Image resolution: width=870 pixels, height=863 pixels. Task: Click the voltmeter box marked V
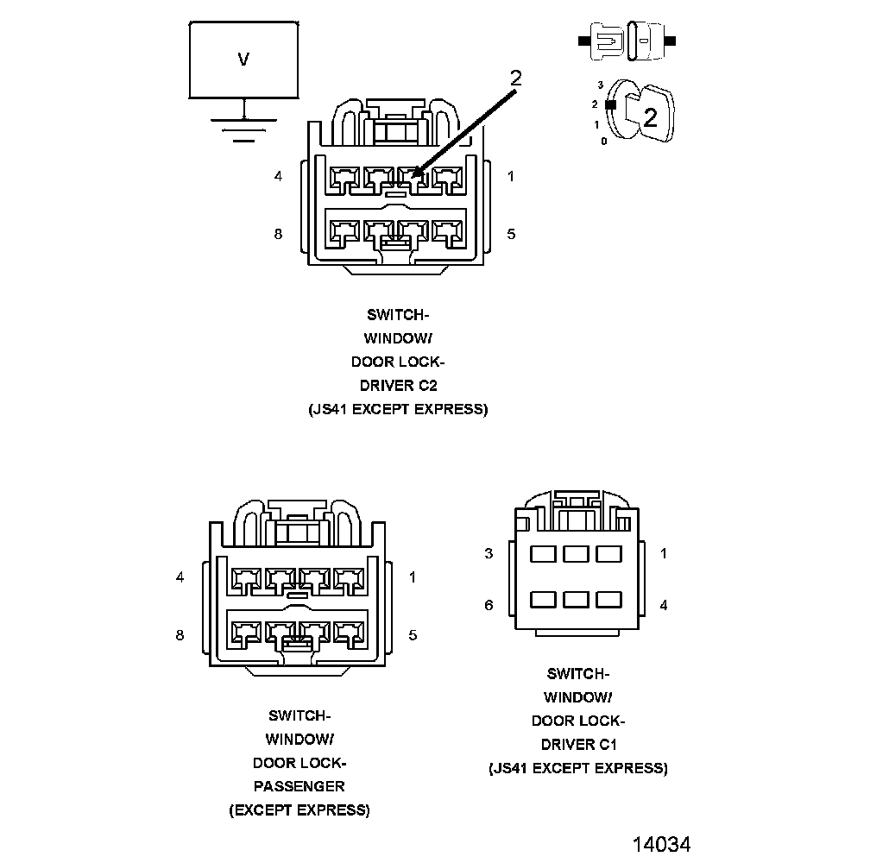tap(244, 60)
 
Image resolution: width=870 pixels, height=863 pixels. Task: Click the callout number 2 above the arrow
tap(515, 78)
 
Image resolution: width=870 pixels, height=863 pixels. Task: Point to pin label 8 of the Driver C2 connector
tap(278, 234)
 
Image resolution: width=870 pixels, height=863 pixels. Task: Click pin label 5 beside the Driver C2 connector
tap(511, 234)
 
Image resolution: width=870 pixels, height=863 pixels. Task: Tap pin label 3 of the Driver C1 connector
tap(489, 553)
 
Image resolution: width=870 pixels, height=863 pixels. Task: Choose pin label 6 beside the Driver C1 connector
tap(489, 606)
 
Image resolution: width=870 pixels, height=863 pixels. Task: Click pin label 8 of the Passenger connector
tap(180, 635)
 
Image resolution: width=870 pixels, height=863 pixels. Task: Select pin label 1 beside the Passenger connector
tap(413, 577)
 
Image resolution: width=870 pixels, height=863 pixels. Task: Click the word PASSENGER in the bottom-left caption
tap(299, 786)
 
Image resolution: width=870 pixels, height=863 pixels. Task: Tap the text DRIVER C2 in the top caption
tap(398, 385)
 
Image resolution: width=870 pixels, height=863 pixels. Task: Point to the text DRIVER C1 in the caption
tap(578, 744)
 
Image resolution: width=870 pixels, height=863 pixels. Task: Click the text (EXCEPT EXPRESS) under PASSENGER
tap(299, 810)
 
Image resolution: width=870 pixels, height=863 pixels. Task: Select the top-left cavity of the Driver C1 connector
tap(543, 553)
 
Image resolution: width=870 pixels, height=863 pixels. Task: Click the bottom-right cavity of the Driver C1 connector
tap(609, 599)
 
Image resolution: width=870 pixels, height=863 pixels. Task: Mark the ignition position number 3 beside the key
tap(599, 85)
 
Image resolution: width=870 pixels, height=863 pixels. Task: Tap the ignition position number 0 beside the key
tap(603, 141)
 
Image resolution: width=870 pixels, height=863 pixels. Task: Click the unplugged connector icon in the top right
tap(628, 41)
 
